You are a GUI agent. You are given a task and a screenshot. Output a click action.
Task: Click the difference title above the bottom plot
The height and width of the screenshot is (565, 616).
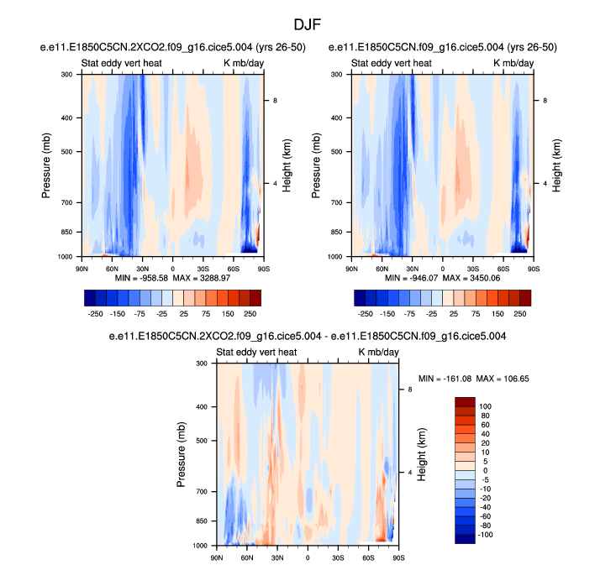tap(308, 337)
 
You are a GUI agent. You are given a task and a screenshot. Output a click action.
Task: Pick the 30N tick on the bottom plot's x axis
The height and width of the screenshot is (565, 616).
tap(277, 557)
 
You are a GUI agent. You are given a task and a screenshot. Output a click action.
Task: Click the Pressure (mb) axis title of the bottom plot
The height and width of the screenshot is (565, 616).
tap(182, 454)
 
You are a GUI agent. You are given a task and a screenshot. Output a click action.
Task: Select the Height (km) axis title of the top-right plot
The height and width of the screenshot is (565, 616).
tap(556, 165)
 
